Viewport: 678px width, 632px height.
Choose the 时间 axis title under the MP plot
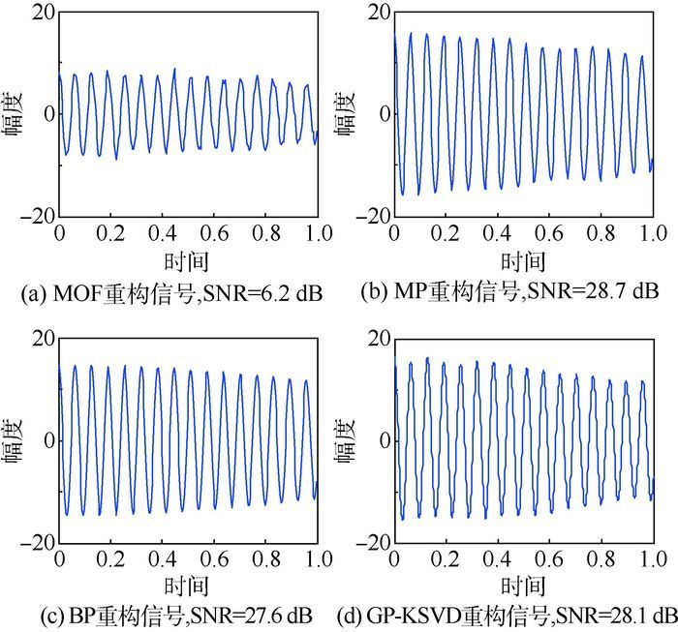tap(524, 261)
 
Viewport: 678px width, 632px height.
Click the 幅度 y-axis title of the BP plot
tap(16, 440)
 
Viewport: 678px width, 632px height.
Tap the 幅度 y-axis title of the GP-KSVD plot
tap(351, 440)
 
